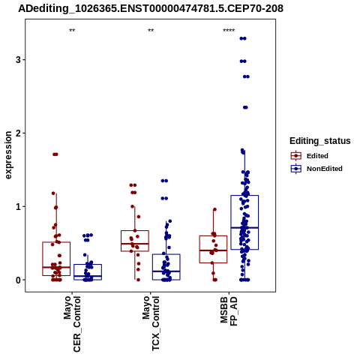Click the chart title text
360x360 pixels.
click(x=151, y=8)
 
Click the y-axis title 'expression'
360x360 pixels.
click(x=8, y=155)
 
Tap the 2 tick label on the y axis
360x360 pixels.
click(x=17, y=133)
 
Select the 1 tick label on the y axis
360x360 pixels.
click(x=17, y=206)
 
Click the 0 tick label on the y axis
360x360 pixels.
click(x=17, y=280)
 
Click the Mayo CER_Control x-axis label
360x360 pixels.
click(x=72, y=324)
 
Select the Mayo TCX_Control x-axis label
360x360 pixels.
click(x=151, y=323)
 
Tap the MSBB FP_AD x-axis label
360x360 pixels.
click(x=229, y=311)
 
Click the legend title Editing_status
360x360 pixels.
click(x=320, y=141)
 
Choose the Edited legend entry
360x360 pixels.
click(x=309, y=156)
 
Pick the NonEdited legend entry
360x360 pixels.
click(x=316, y=169)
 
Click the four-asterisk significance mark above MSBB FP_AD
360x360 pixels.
click(x=229, y=31)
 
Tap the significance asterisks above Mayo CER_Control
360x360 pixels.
click(x=72, y=31)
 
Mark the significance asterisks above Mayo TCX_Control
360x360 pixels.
click(x=151, y=31)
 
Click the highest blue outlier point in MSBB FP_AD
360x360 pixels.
click(x=243, y=38)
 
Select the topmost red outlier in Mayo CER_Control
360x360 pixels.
click(x=55, y=154)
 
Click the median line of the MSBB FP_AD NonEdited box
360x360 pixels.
click(x=244, y=228)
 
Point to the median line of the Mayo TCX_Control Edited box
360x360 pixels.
click(x=135, y=244)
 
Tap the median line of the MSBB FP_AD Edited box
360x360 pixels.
click(x=213, y=250)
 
